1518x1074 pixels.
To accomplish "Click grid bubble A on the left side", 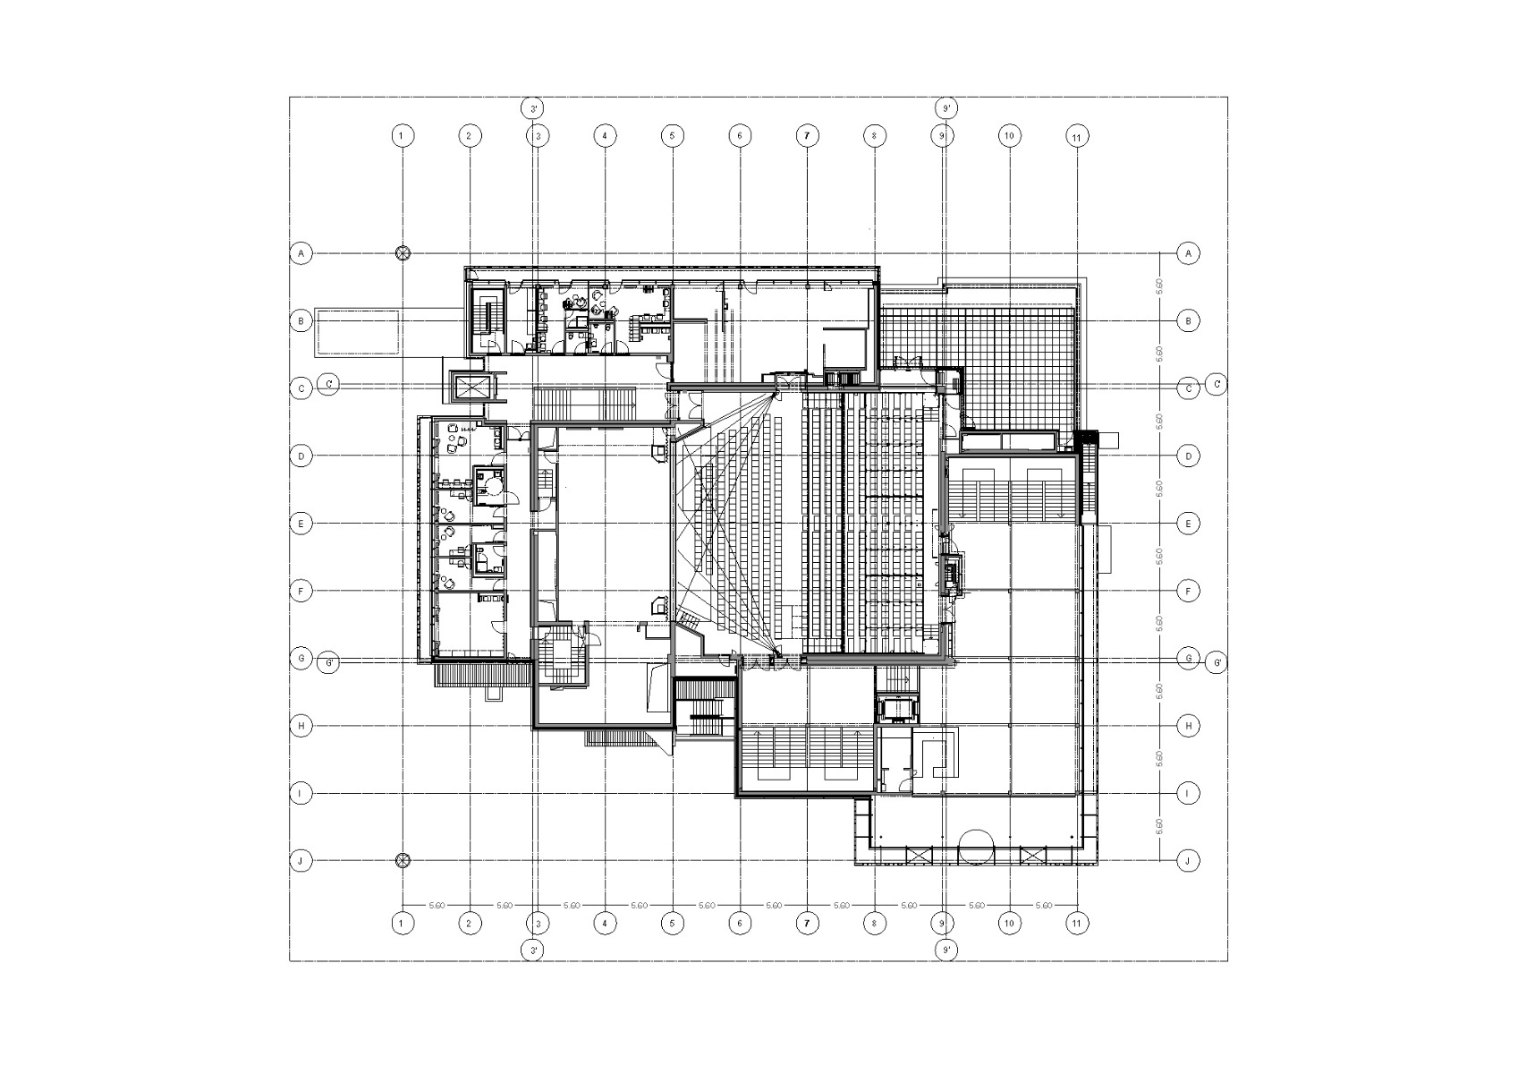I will pyautogui.click(x=302, y=253).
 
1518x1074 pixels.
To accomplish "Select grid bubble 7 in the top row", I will pyautogui.click(x=807, y=136).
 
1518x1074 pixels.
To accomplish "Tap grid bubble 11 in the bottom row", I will pyautogui.click(x=1077, y=924).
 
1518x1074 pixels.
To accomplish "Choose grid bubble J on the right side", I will pyautogui.click(x=1188, y=861).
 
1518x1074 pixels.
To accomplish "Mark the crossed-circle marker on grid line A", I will pyautogui.click(x=403, y=253).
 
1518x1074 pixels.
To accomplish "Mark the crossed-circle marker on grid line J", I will pyautogui.click(x=403, y=861).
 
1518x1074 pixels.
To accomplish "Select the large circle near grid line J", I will pyautogui.click(x=976, y=848).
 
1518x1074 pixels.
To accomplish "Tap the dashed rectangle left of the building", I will pyautogui.click(x=357, y=331).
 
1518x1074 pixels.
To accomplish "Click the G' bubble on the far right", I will pyautogui.click(x=1216, y=663).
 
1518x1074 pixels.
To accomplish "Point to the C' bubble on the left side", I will pyautogui.click(x=329, y=384).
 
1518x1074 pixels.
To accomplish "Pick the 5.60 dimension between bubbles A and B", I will pyautogui.click(x=1160, y=286).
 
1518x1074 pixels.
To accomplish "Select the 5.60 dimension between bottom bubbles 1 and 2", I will pyautogui.click(x=437, y=906).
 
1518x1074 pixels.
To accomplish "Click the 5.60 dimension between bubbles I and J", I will pyautogui.click(x=1160, y=826).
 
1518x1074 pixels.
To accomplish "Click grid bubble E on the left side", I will pyautogui.click(x=302, y=524).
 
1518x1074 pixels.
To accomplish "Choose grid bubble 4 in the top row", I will pyautogui.click(x=605, y=136).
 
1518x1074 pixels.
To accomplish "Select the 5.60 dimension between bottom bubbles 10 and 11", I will pyautogui.click(x=1043, y=906).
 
